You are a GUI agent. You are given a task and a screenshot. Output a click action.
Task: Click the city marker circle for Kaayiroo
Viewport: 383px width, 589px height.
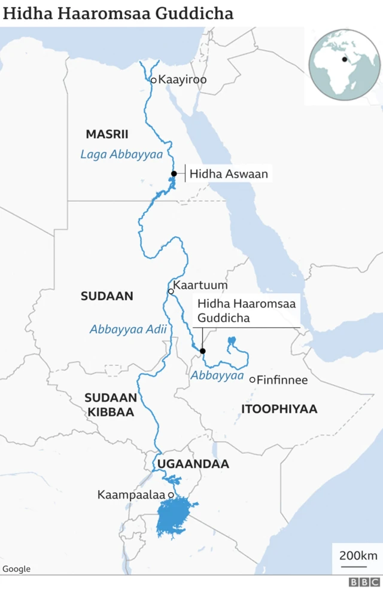tap(153, 80)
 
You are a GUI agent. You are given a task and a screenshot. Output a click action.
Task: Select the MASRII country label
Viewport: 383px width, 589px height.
tap(107, 134)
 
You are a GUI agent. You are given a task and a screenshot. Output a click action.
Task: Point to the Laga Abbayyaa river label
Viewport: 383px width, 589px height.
tap(121, 154)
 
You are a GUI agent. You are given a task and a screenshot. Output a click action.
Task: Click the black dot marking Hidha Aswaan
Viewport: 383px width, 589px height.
tap(174, 174)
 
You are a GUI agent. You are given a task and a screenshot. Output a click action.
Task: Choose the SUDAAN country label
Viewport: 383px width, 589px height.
tap(107, 296)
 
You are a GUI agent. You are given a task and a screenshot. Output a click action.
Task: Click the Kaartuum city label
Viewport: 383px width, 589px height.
tap(200, 285)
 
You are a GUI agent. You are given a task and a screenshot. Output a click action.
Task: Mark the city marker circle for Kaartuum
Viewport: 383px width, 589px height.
tap(171, 292)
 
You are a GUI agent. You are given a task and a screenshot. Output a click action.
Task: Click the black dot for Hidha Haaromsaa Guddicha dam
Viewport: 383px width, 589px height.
tap(202, 351)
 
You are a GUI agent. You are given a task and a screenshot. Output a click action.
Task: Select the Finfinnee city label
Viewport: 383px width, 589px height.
tap(282, 380)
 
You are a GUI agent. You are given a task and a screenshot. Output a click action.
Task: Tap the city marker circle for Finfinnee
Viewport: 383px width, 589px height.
tap(253, 379)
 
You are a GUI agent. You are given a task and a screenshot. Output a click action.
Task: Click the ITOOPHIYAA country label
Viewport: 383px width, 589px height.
tap(279, 409)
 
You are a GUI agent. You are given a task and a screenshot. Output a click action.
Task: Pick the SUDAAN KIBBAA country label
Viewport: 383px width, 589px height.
tap(111, 405)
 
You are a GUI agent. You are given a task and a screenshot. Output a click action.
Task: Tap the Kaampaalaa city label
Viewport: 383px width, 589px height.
tap(132, 495)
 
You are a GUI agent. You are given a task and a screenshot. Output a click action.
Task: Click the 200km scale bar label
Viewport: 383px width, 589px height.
tap(358, 556)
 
